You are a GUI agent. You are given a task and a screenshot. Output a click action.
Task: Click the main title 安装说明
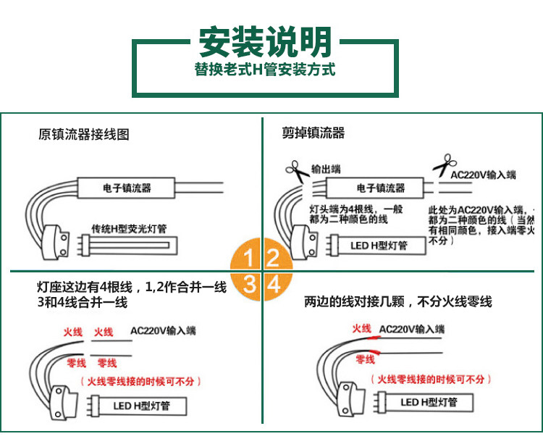pos(266,43)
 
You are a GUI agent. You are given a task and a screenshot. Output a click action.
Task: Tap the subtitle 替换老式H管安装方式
pos(265,72)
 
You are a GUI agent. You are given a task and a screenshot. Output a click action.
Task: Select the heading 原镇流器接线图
pos(83,134)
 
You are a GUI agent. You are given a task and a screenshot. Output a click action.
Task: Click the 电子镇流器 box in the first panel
pos(127,188)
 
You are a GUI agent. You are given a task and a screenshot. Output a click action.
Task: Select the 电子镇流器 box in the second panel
pos(379,188)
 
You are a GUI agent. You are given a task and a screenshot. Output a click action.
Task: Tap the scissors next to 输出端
pos(296,170)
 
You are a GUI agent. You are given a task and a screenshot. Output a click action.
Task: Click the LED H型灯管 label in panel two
pos(379,246)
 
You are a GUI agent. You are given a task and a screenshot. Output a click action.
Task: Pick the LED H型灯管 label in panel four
pos(429,403)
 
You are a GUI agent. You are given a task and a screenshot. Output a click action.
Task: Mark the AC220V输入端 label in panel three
pos(163,331)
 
